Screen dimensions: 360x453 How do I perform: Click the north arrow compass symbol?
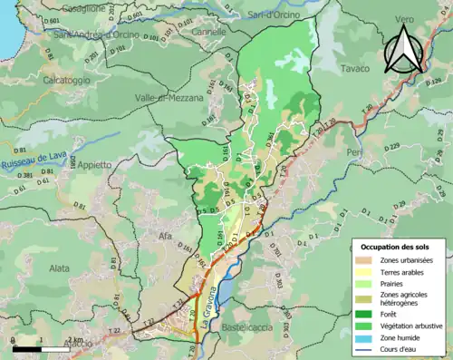pyautogui.click(x=403, y=51)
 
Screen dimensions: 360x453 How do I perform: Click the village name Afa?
pyautogui.click(x=165, y=238)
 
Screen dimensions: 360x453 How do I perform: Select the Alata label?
pyautogui.click(x=60, y=268)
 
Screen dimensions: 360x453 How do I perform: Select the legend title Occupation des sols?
pyautogui.click(x=395, y=247)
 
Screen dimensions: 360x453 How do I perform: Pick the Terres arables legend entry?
pyautogui.click(x=400, y=270)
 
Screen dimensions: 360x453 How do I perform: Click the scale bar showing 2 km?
pyautogui.click(x=41, y=346)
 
